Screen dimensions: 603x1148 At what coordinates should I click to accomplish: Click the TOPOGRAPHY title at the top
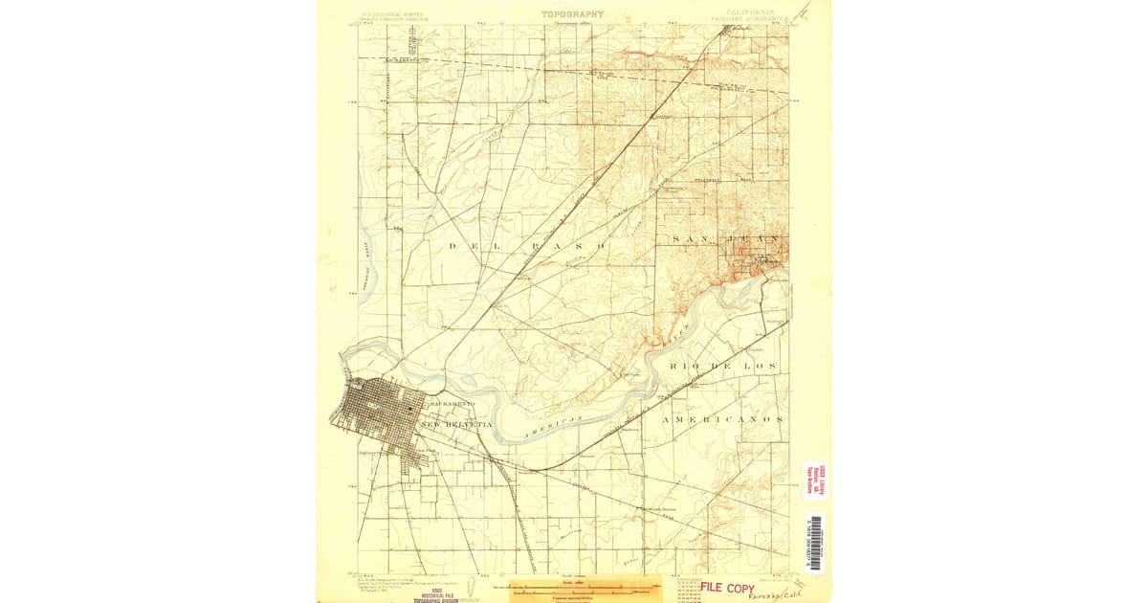click(573, 14)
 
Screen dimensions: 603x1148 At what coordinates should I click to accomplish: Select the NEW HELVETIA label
click(455, 424)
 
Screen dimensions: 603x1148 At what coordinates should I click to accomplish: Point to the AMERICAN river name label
click(554, 428)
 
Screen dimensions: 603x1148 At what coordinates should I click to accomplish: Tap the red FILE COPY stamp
click(726, 587)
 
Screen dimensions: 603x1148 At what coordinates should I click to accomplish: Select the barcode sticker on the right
click(815, 543)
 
